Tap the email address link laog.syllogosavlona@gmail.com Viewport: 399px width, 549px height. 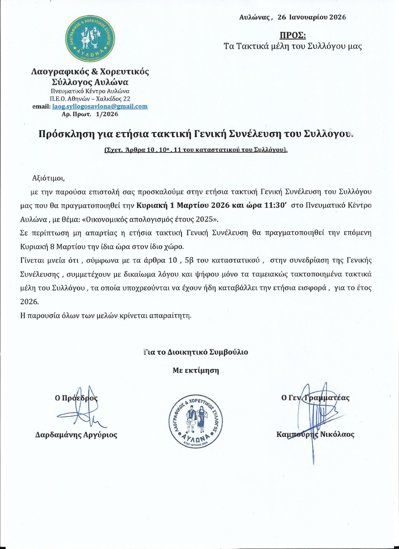100,107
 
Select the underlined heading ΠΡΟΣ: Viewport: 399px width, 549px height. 292,35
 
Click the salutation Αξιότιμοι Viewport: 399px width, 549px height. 49,178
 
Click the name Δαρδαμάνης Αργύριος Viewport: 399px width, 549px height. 76,435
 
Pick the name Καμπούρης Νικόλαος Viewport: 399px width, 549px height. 315,435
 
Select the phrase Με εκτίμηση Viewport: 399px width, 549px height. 196,371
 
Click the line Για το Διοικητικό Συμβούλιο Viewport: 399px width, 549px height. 196,352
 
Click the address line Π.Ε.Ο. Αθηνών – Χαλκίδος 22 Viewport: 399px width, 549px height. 90,99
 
